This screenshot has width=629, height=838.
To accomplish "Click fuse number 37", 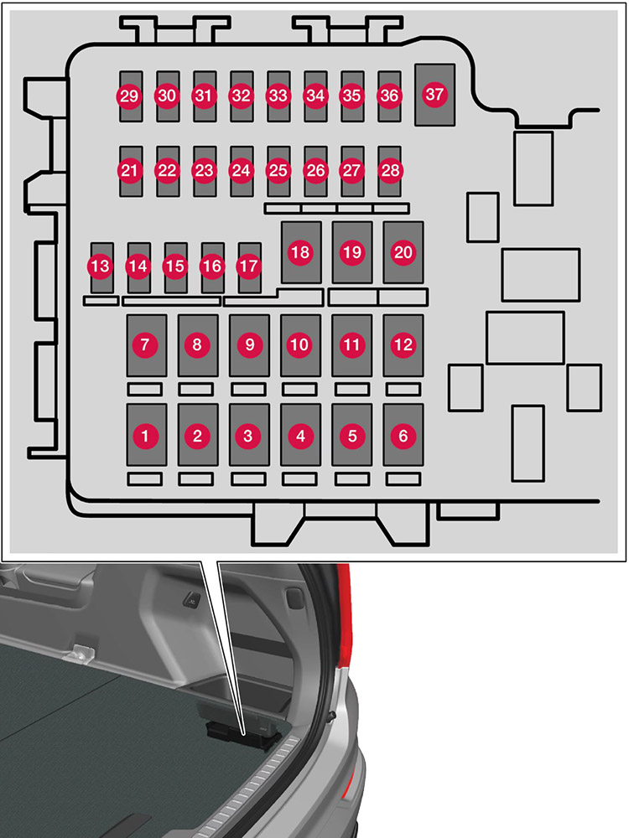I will tap(434, 95).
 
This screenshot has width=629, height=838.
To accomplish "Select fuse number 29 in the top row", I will tap(129, 96).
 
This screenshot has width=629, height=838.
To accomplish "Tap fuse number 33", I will tap(278, 96).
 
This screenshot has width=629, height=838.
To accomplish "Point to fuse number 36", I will tap(389, 96).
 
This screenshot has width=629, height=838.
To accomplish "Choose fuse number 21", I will tap(129, 171).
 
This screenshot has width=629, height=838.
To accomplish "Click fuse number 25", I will tap(278, 171).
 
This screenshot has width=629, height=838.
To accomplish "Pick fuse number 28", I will tap(389, 171).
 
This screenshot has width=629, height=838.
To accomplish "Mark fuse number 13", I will tap(101, 266).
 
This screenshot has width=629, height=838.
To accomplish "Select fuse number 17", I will tap(249, 266).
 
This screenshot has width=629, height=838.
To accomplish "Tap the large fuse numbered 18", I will tap(300, 252).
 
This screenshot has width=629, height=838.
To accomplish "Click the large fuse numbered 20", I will tap(403, 252).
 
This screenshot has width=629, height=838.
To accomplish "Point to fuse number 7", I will tap(146, 344).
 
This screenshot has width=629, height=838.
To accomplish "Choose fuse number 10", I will tap(300, 344).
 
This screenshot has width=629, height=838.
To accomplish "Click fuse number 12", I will tap(403, 344).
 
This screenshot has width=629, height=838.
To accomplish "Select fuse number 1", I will tap(146, 435).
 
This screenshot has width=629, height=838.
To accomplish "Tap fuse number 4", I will tap(300, 435).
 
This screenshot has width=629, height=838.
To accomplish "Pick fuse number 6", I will tap(403, 435).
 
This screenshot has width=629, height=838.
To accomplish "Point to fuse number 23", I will tap(204, 171).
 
